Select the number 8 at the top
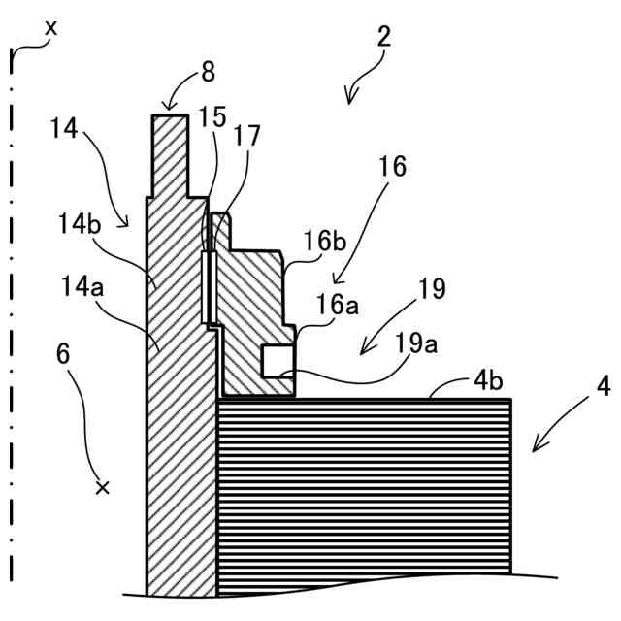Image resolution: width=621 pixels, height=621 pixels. [208, 73]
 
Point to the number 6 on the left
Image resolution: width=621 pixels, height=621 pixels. [64, 353]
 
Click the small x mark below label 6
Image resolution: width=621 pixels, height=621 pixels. [102, 487]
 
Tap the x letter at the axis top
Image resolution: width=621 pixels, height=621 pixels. [50, 28]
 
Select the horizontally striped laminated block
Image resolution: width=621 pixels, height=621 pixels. [364, 485]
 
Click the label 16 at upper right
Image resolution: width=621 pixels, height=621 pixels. [392, 166]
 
